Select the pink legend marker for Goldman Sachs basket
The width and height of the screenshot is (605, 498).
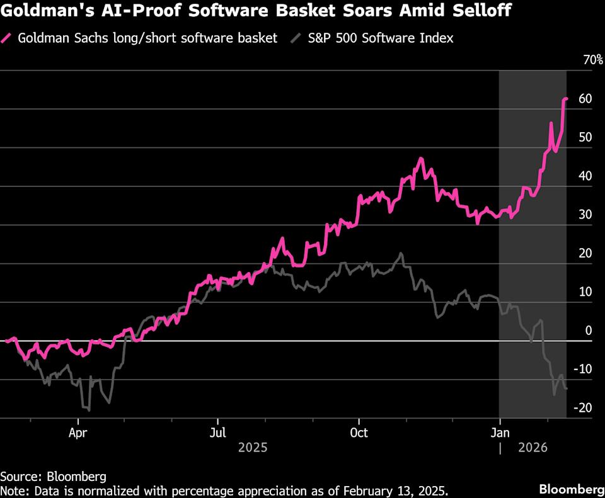[x=8, y=38]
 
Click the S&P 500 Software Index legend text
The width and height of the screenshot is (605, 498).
[x=380, y=38]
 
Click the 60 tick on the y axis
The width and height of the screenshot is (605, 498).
[x=585, y=99]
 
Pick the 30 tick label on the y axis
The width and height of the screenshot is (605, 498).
[x=585, y=215]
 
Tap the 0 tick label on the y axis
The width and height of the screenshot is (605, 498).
[x=589, y=331]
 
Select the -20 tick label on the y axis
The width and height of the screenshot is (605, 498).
[x=583, y=408]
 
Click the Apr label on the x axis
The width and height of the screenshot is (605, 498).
[x=78, y=433]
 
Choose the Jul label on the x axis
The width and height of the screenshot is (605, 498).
[x=217, y=433]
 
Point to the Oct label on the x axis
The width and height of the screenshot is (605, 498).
[x=359, y=433]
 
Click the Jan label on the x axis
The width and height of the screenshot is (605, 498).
[x=500, y=433]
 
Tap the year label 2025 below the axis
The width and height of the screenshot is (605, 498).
[x=252, y=448]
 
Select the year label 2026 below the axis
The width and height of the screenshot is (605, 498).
[x=533, y=448]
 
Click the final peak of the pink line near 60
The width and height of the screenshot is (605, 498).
[x=566, y=98]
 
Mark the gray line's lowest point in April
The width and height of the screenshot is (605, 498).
[x=89, y=410]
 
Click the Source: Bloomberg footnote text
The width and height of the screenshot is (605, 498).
[x=53, y=476]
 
